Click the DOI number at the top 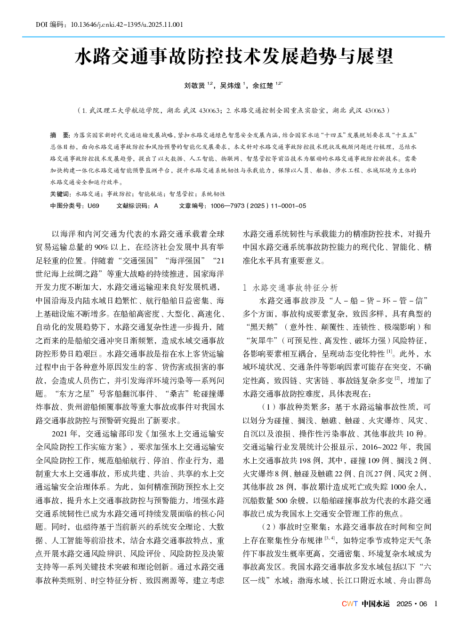[127, 24]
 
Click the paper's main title [233, 56]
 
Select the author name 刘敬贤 [194, 86]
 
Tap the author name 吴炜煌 [230, 86]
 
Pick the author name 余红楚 [263, 86]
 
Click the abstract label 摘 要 [60, 135]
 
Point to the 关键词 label [60, 194]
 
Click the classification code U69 [93, 206]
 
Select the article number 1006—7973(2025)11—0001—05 [258, 206]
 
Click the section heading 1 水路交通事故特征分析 [290, 287]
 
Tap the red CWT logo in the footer [349, 604]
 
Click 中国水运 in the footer [375, 604]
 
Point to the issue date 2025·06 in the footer [411, 604]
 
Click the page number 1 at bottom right [435, 604]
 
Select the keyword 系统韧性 [213, 194]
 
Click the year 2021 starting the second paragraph [59, 434]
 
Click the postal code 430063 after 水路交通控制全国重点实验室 [374, 111]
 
